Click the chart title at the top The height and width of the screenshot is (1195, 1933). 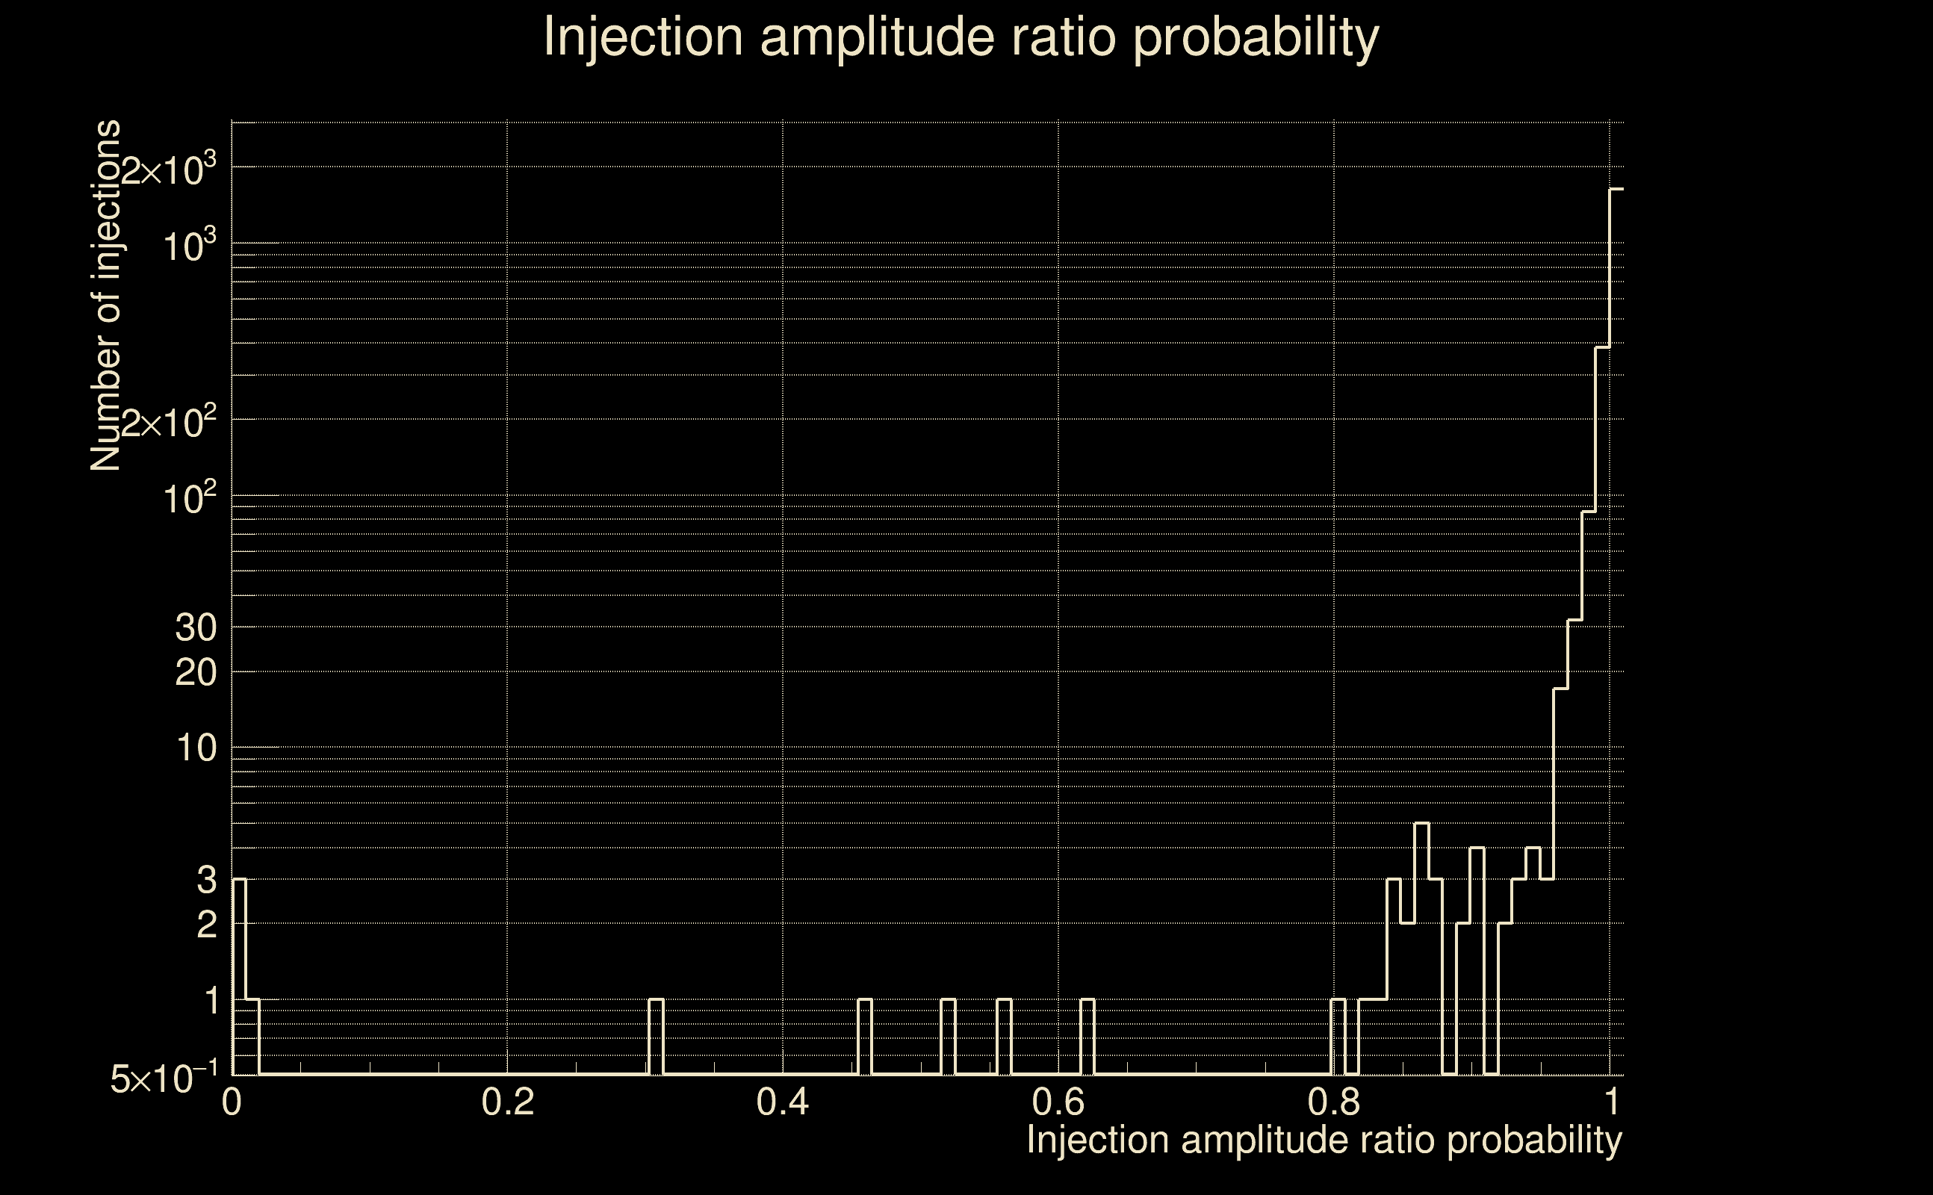pos(961,37)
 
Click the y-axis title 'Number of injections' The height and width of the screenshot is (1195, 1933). pos(106,296)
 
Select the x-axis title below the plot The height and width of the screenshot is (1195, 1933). pos(1324,1140)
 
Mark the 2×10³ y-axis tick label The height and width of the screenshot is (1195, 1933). pos(168,170)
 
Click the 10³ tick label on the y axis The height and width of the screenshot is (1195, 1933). pos(190,246)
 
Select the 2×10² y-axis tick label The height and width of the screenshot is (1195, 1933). pos(168,423)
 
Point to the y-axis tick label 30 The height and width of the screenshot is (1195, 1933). pos(195,628)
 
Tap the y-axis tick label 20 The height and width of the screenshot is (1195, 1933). pos(195,674)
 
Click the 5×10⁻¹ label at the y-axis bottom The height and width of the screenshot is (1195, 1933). pos(164,1078)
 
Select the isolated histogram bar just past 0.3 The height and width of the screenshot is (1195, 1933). pos(656,1035)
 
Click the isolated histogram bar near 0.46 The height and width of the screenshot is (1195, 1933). pos(865,1035)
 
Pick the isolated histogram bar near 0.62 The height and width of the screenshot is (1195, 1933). pos(1087,1035)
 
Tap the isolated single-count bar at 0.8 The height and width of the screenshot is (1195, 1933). pos(1338,1035)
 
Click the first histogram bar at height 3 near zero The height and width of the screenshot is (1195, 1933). pos(240,976)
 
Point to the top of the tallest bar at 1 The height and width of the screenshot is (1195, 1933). pos(1616,190)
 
